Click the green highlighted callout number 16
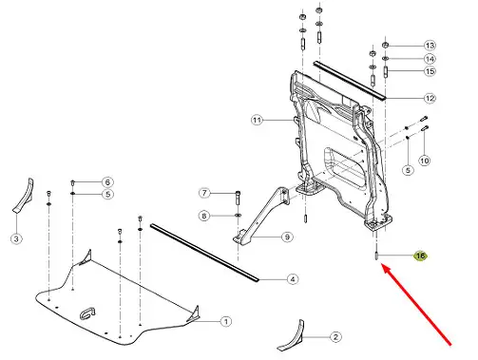click(421, 256)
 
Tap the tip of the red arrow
click(382, 265)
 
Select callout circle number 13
click(430, 46)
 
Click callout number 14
click(430, 59)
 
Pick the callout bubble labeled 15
click(430, 71)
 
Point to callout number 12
click(430, 98)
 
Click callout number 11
click(258, 121)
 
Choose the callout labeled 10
click(425, 161)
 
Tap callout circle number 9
click(287, 237)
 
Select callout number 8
click(204, 216)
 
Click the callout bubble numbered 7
click(204, 193)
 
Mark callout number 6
click(107, 182)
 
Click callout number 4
click(293, 279)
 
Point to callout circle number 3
click(16, 238)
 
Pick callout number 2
click(335, 337)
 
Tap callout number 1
click(225, 322)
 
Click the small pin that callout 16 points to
click(376, 256)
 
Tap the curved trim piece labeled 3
click(24, 197)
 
